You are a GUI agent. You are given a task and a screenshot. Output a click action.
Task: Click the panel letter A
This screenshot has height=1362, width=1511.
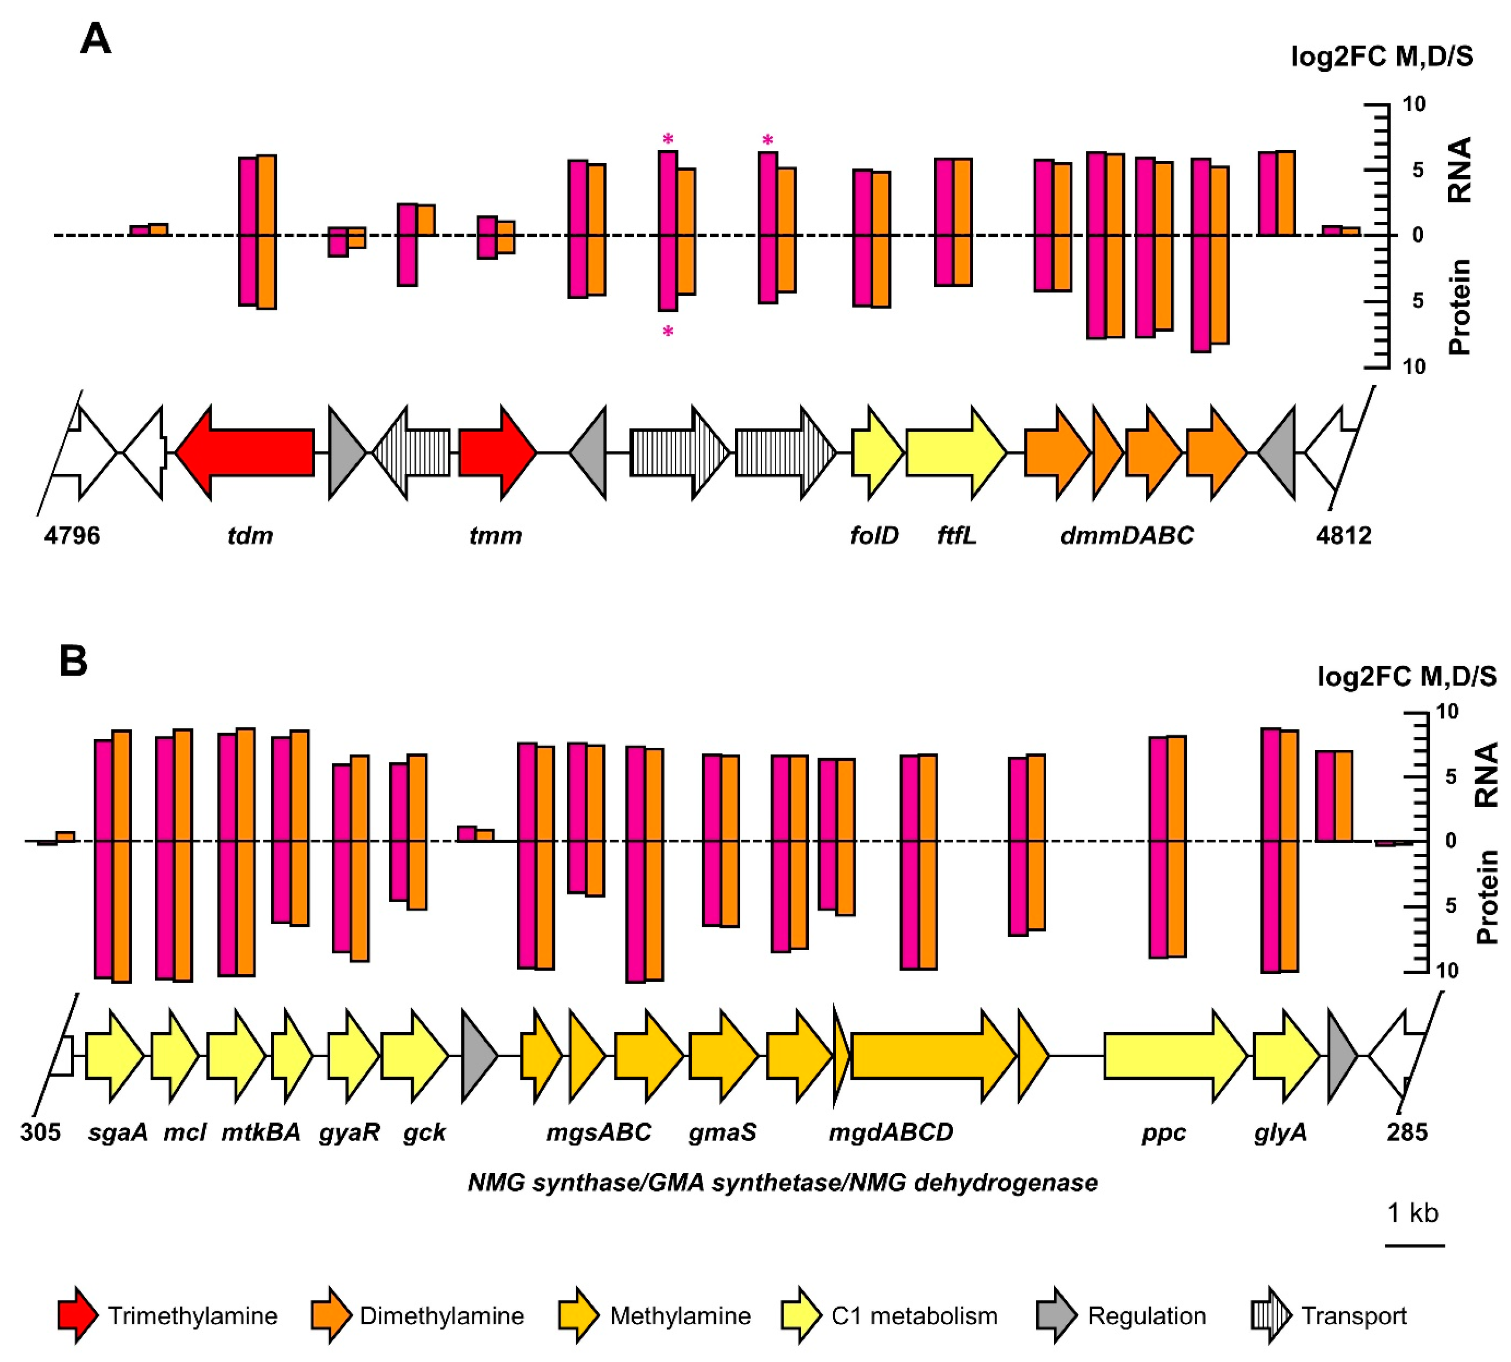pyautogui.click(x=96, y=39)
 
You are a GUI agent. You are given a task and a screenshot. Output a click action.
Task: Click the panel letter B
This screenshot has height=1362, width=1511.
pyautogui.click(x=73, y=661)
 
